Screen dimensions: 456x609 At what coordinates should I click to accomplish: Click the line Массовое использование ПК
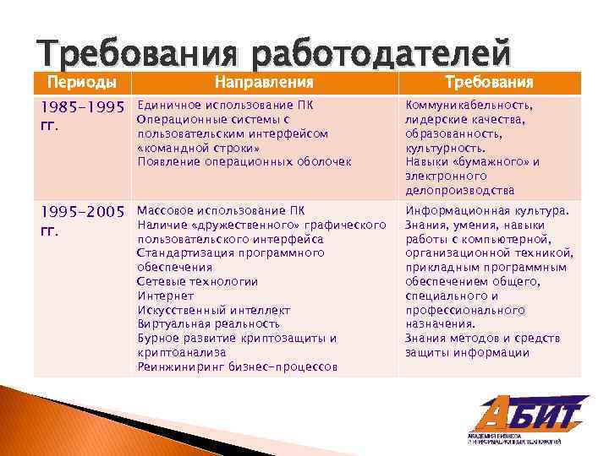click(221, 210)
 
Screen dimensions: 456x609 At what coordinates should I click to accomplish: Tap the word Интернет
click(166, 296)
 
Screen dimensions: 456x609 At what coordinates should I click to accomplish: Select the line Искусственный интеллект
click(214, 310)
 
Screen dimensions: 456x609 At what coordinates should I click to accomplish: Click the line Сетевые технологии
click(198, 281)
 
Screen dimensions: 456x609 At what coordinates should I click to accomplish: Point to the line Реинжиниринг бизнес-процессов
click(238, 366)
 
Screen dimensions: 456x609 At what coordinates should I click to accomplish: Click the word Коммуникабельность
click(469, 106)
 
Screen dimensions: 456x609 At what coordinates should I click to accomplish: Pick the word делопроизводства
click(459, 190)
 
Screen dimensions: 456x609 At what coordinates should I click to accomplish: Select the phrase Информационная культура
click(488, 210)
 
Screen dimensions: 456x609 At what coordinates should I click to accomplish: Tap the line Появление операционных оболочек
click(244, 162)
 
